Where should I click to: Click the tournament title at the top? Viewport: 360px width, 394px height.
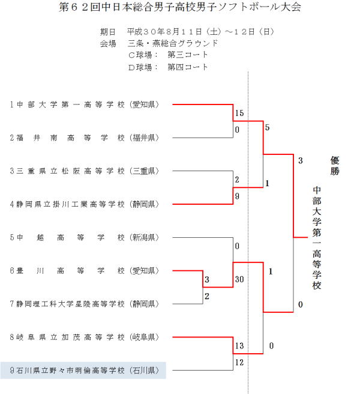[x=180, y=8]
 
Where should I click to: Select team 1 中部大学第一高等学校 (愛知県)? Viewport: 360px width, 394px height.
[x=84, y=105]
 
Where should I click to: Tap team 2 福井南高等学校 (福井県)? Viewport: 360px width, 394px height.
[x=84, y=138]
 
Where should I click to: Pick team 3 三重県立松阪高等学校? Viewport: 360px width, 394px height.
[x=84, y=171]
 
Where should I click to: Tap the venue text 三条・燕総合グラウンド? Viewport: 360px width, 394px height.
[x=172, y=43]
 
